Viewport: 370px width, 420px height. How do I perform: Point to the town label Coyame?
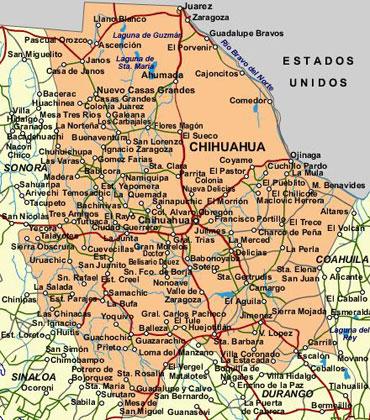pos(236,159)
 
